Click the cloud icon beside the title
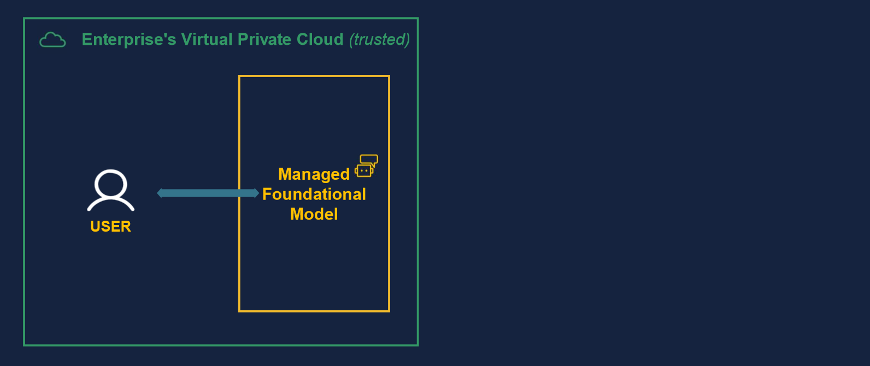pos(52,40)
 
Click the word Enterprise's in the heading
pos(128,39)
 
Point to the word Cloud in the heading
pos(320,39)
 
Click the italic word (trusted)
pos(379,39)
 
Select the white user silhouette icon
pos(110,190)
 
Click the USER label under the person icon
pos(110,226)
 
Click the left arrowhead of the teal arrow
pos(160,193)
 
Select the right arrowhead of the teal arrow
pos(256,193)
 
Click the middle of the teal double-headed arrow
pos(208,193)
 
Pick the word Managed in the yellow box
pos(314,174)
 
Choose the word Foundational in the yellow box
pos(314,194)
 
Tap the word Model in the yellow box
pos(314,214)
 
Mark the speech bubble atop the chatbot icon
pos(369,160)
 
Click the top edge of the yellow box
pos(314,76)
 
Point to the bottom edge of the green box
pos(221,345)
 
